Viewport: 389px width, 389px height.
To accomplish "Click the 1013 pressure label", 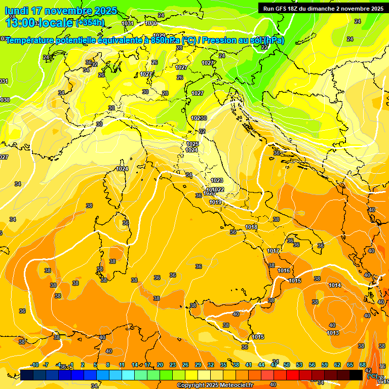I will pos(333,333).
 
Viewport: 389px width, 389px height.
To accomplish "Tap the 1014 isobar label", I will pos(335,285).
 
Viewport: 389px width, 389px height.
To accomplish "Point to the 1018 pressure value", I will pos(251,227).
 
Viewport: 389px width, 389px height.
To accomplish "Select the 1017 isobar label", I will pos(274,251).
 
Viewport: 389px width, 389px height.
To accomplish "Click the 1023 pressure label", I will pos(217,180).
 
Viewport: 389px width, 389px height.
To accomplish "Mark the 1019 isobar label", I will pos(215,202).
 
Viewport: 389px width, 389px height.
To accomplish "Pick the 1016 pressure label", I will pos(284,270).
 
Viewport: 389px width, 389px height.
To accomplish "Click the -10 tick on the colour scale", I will pos(34,365).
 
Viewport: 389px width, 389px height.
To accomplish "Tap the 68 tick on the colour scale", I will pos(363,365).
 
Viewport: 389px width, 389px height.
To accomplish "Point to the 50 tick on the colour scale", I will pos(287,365).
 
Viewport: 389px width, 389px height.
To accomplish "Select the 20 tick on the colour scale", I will pos(160,365).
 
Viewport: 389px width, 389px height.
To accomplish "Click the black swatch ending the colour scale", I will pos(356,374).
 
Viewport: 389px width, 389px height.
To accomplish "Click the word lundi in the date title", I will pos(17,11).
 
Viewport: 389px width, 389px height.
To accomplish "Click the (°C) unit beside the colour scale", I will pos(371,375).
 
